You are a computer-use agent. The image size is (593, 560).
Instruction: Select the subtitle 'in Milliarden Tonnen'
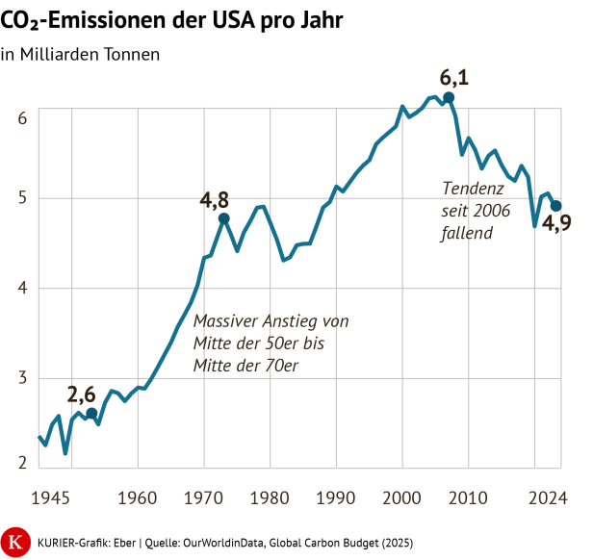[80, 54]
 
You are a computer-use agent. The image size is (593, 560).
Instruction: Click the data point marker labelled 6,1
[449, 98]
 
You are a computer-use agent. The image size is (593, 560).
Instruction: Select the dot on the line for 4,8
[224, 218]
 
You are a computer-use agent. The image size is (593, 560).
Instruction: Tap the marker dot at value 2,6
[91, 414]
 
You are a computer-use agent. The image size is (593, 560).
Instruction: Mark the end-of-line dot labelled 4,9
[555, 206]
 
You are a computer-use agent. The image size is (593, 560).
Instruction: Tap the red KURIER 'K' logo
[16, 541]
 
